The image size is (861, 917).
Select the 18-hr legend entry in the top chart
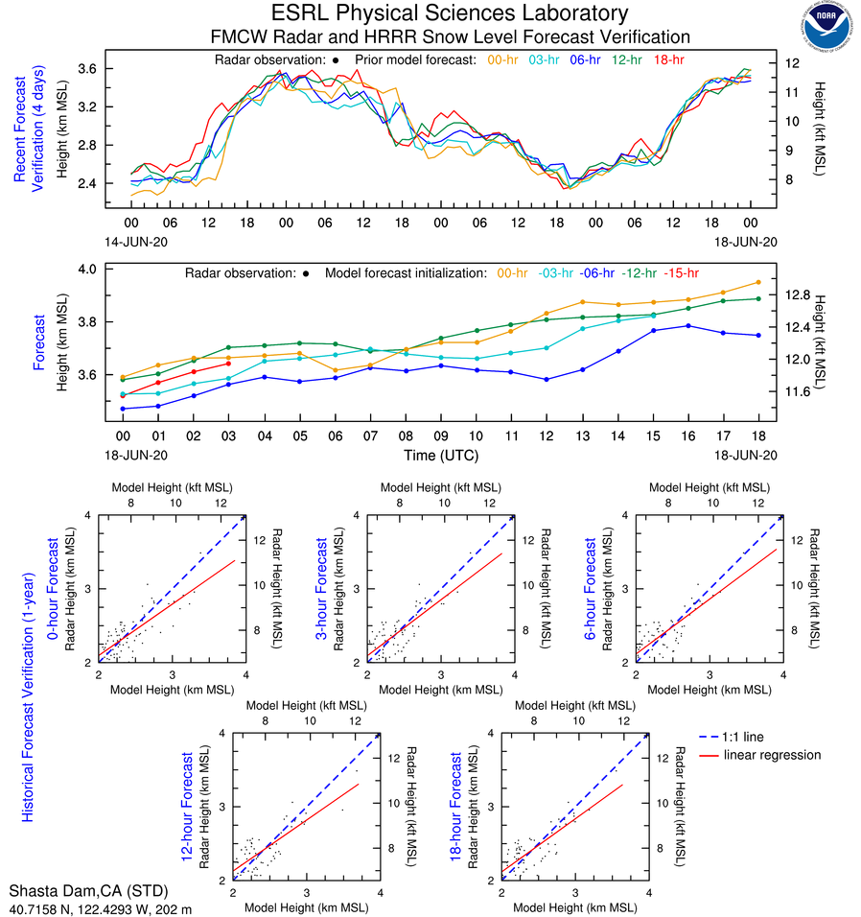pyautogui.click(x=670, y=59)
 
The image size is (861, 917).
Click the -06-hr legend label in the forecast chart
pyautogui.click(x=595, y=273)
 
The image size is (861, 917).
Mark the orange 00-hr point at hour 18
pyautogui.click(x=758, y=282)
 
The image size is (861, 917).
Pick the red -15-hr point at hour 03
pyautogui.click(x=228, y=364)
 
